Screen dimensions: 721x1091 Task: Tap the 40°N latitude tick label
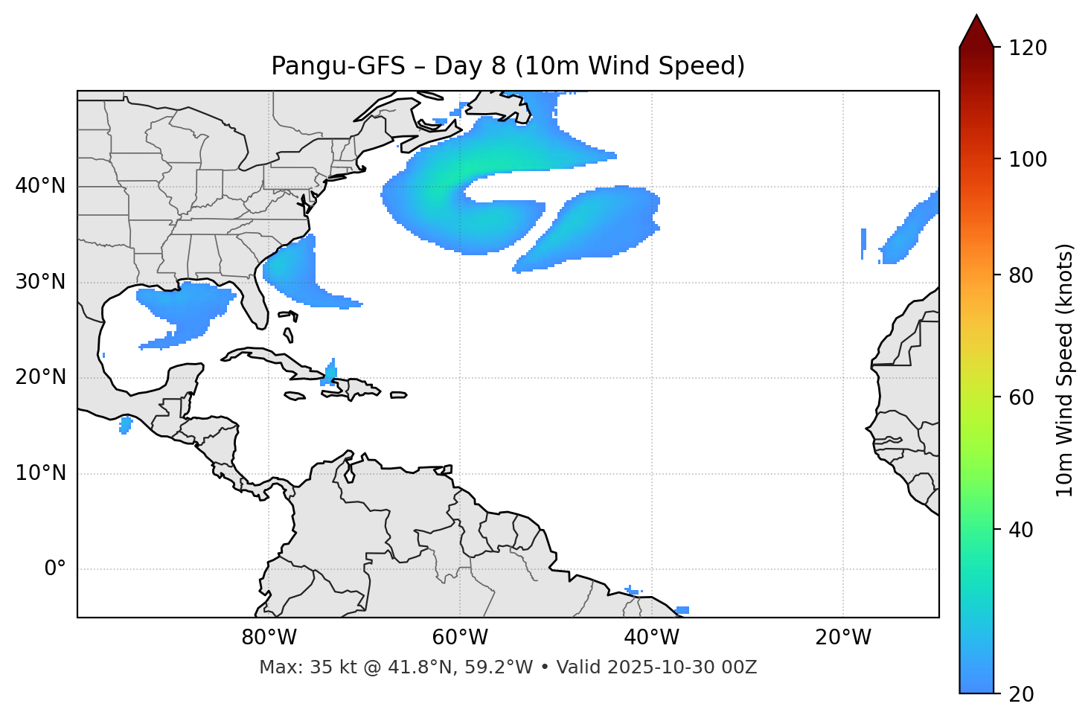[40, 186]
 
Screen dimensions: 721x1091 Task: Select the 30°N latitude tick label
[40, 282]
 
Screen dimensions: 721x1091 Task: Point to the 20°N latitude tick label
[40, 377]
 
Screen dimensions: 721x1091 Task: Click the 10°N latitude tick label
[40, 473]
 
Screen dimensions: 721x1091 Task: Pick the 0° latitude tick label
[55, 568]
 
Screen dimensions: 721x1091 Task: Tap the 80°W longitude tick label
[269, 638]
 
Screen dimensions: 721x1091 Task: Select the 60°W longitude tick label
[460, 638]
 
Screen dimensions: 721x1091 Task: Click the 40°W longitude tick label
[651, 638]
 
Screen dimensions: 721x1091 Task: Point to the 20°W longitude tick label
[842, 638]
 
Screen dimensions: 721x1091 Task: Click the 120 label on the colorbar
[1028, 48]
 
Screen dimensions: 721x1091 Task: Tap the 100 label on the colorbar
[1028, 159]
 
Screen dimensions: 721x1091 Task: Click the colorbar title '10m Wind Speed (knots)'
[1065, 370]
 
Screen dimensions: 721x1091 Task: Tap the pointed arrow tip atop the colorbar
[976, 18]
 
